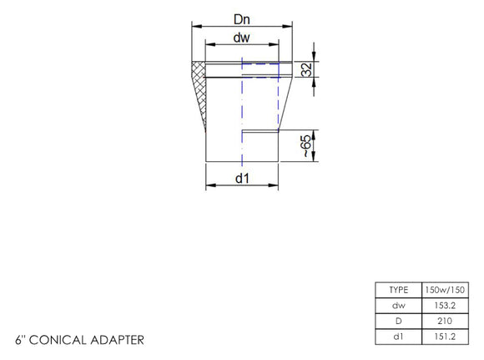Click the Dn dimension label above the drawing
[x=242, y=16]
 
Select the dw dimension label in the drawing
[x=241, y=38]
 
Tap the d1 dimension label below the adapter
[x=241, y=179]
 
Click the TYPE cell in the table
[x=398, y=290]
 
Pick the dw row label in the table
[x=398, y=305]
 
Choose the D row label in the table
[x=398, y=321]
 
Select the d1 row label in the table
[x=398, y=337]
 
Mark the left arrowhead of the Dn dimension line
[x=196, y=27]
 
